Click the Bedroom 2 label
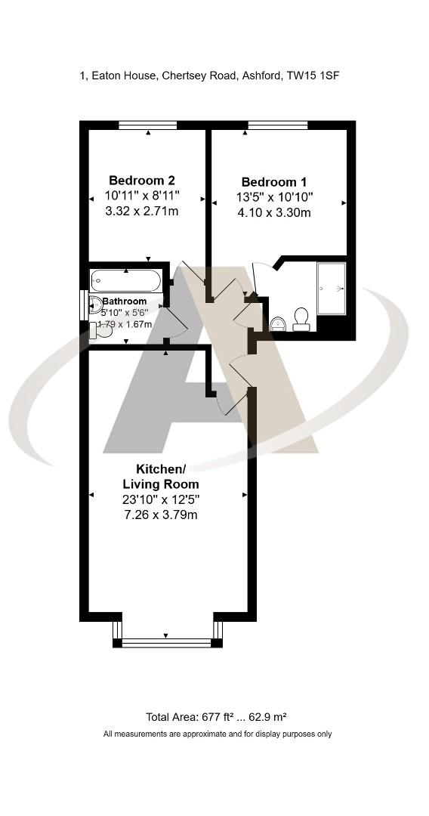pyautogui.click(x=142, y=181)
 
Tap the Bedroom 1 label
pyautogui.click(x=273, y=182)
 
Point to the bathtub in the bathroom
pyautogui.click(x=125, y=280)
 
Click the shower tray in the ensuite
pyautogui.click(x=332, y=288)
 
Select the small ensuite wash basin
pyautogui.click(x=277, y=323)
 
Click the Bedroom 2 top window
pyautogui.click(x=148, y=125)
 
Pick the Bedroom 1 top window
pyautogui.click(x=277, y=125)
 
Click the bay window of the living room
pyautogui.click(x=167, y=642)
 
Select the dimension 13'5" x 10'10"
pyautogui.click(x=273, y=197)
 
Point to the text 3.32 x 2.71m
pyautogui.click(x=142, y=211)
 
